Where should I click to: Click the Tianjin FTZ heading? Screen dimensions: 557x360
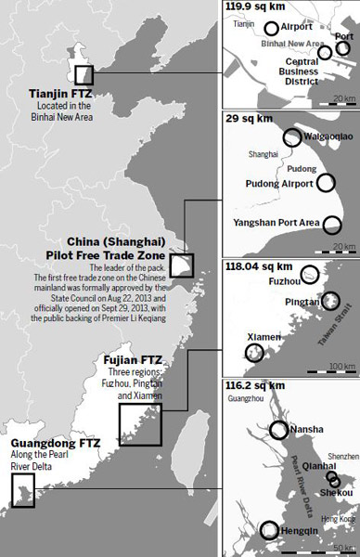(58, 95)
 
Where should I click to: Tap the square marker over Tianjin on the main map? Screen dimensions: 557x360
(84, 76)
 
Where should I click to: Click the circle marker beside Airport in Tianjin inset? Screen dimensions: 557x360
(271, 29)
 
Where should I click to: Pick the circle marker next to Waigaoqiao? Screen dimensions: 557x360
(291, 137)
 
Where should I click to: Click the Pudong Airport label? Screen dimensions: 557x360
(280, 184)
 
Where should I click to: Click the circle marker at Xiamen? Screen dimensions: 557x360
(253, 353)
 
